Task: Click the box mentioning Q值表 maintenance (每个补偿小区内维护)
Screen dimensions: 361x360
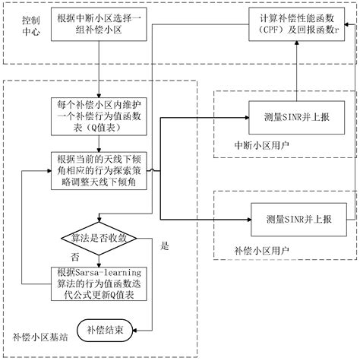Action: (x=99, y=116)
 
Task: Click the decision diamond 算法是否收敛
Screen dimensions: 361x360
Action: (x=99, y=237)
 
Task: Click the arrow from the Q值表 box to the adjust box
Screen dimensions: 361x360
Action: (x=99, y=144)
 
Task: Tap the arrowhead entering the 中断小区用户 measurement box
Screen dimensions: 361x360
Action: (x=246, y=118)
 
